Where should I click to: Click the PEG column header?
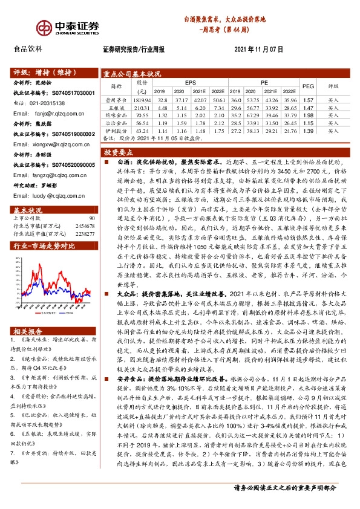click(309, 85)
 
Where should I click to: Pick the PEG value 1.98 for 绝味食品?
click(309, 115)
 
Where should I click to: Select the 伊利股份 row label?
click(115, 131)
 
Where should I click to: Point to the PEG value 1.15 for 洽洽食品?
click(309, 123)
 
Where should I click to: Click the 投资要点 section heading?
click(119, 154)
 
